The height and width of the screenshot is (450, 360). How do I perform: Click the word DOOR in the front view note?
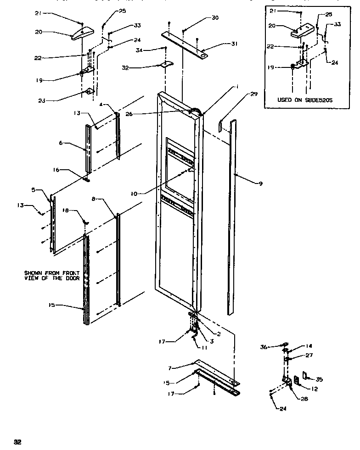(73, 278)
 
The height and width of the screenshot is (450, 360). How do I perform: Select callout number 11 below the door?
(204, 348)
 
